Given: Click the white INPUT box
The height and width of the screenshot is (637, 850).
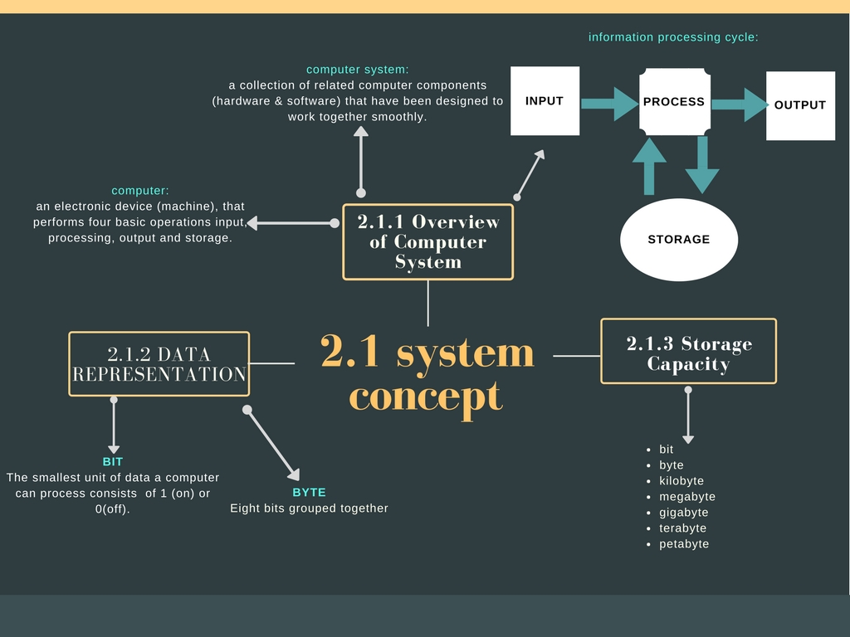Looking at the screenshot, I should click(x=545, y=101).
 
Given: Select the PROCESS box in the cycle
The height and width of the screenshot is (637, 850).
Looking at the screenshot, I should click(x=674, y=102).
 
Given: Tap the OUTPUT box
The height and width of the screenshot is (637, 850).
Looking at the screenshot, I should click(x=800, y=105).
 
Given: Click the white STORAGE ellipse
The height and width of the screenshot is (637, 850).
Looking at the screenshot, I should click(x=679, y=240).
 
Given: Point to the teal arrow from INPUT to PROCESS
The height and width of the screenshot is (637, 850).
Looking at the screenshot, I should click(x=609, y=104).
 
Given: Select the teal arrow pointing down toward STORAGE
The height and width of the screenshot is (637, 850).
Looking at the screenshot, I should click(x=702, y=166).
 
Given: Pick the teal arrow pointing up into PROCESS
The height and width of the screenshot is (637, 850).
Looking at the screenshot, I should click(x=649, y=166).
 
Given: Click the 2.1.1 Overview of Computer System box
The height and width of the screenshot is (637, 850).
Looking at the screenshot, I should click(x=428, y=242).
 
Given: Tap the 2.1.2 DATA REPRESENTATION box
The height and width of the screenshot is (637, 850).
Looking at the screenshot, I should click(x=159, y=364).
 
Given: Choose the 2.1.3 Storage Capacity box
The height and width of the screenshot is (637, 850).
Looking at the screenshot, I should click(x=688, y=352).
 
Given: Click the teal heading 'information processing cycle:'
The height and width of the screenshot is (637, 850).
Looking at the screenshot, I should click(x=673, y=37).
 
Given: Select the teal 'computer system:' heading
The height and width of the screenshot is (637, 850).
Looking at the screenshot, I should click(x=358, y=70).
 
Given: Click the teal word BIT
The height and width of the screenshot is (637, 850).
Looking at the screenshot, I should click(x=113, y=462).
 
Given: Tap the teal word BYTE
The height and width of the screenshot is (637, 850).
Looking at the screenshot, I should click(x=309, y=493).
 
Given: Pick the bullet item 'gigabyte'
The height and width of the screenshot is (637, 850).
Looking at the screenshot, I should click(x=684, y=513).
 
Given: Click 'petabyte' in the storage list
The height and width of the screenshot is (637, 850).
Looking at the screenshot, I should click(x=684, y=544).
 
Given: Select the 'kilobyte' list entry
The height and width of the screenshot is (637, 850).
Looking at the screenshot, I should click(x=681, y=481).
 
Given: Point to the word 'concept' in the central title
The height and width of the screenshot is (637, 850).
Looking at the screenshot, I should click(x=426, y=396).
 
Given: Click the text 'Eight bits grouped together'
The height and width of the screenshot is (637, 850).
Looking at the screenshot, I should click(x=309, y=508).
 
